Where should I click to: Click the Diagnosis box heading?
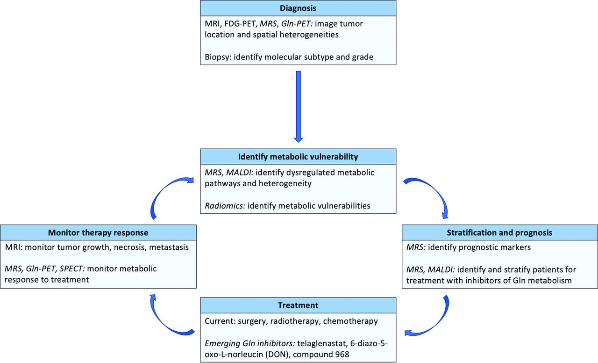[x=298, y=8]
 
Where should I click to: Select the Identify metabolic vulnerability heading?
[x=298, y=157]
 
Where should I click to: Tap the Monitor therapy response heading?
[x=98, y=232]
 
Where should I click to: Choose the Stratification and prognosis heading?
[x=499, y=232]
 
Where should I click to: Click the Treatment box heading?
[x=298, y=305]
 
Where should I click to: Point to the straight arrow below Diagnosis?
[x=298, y=106]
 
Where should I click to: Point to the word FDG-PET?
[x=240, y=24]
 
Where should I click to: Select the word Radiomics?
[x=224, y=206]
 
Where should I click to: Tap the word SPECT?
[x=71, y=269]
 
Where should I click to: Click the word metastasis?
[x=169, y=247]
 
